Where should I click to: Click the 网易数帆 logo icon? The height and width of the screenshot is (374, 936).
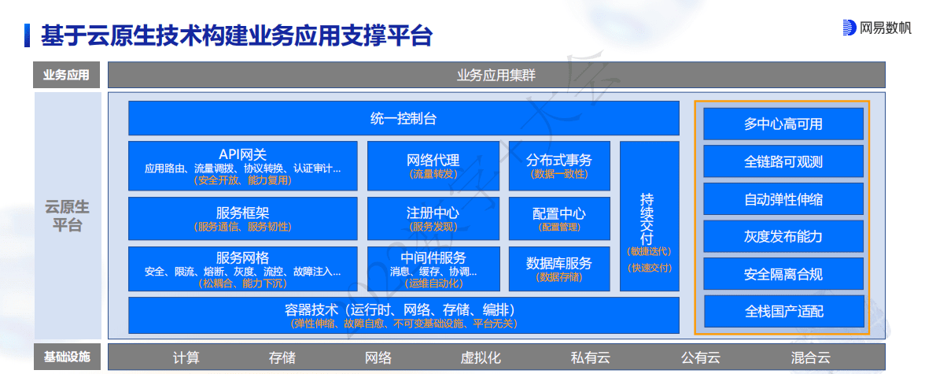pyautogui.click(x=849, y=28)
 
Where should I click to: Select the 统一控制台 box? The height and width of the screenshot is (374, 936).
pyautogui.click(x=404, y=119)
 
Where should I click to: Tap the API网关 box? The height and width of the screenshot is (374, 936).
pyautogui.click(x=242, y=165)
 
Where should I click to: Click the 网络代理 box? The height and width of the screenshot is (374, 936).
pyautogui.click(x=433, y=165)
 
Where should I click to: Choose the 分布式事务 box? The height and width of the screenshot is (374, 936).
pyautogui.click(x=559, y=165)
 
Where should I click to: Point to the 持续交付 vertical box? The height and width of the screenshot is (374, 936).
pyautogui.click(x=649, y=217)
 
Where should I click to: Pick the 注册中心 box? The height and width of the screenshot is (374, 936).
pyautogui.click(x=433, y=218)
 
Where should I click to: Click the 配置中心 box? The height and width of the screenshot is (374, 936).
pyautogui.click(x=559, y=218)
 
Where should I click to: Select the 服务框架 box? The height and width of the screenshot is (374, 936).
pyautogui.click(x=242, y=218)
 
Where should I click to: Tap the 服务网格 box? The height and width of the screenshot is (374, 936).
pyautogui.click(x=242, y=268)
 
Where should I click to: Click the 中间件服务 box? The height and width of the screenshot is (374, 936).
pyautogui.click(x=433, y=268)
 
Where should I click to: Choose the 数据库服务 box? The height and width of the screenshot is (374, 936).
pyautogui.click(x=559, y=268)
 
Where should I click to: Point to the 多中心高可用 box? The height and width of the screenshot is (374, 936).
pyautogui.click(x=783, y=124)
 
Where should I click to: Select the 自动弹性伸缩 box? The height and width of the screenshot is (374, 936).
pyautogui.click(x=783, y=199)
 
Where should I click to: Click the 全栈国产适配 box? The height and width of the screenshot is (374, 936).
pyautogui.click(x=783, y=312)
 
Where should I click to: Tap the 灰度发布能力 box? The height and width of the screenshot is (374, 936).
pyautogui.click(x=783, y=236)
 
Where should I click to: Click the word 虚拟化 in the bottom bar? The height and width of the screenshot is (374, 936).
pyautogui.click(x=481, y=357)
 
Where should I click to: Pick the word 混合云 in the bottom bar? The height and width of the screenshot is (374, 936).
pyautogui.click(x=810, y=357)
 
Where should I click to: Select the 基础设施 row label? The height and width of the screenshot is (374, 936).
pyautogui.click(x=67, y=357)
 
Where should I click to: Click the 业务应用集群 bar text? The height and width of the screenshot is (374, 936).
pyautogui.click(x=496, y=76)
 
